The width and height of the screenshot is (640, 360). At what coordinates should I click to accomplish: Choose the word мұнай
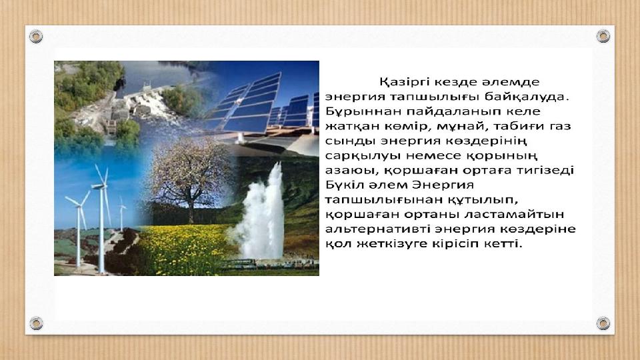pos(460,127)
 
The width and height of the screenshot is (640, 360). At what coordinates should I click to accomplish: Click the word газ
pos(560,127)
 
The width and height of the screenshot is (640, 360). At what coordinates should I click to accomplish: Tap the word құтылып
pos(483,200)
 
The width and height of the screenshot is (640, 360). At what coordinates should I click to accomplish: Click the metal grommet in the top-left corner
pos(36,36)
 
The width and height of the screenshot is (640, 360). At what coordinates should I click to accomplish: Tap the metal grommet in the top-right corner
pos(603,36)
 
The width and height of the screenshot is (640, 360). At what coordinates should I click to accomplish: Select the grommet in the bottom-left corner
pos(36,323)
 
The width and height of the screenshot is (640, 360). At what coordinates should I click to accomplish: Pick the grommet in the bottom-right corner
pos(603,323)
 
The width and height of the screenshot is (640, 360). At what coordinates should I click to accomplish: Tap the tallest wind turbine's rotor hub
pos(101,186)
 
